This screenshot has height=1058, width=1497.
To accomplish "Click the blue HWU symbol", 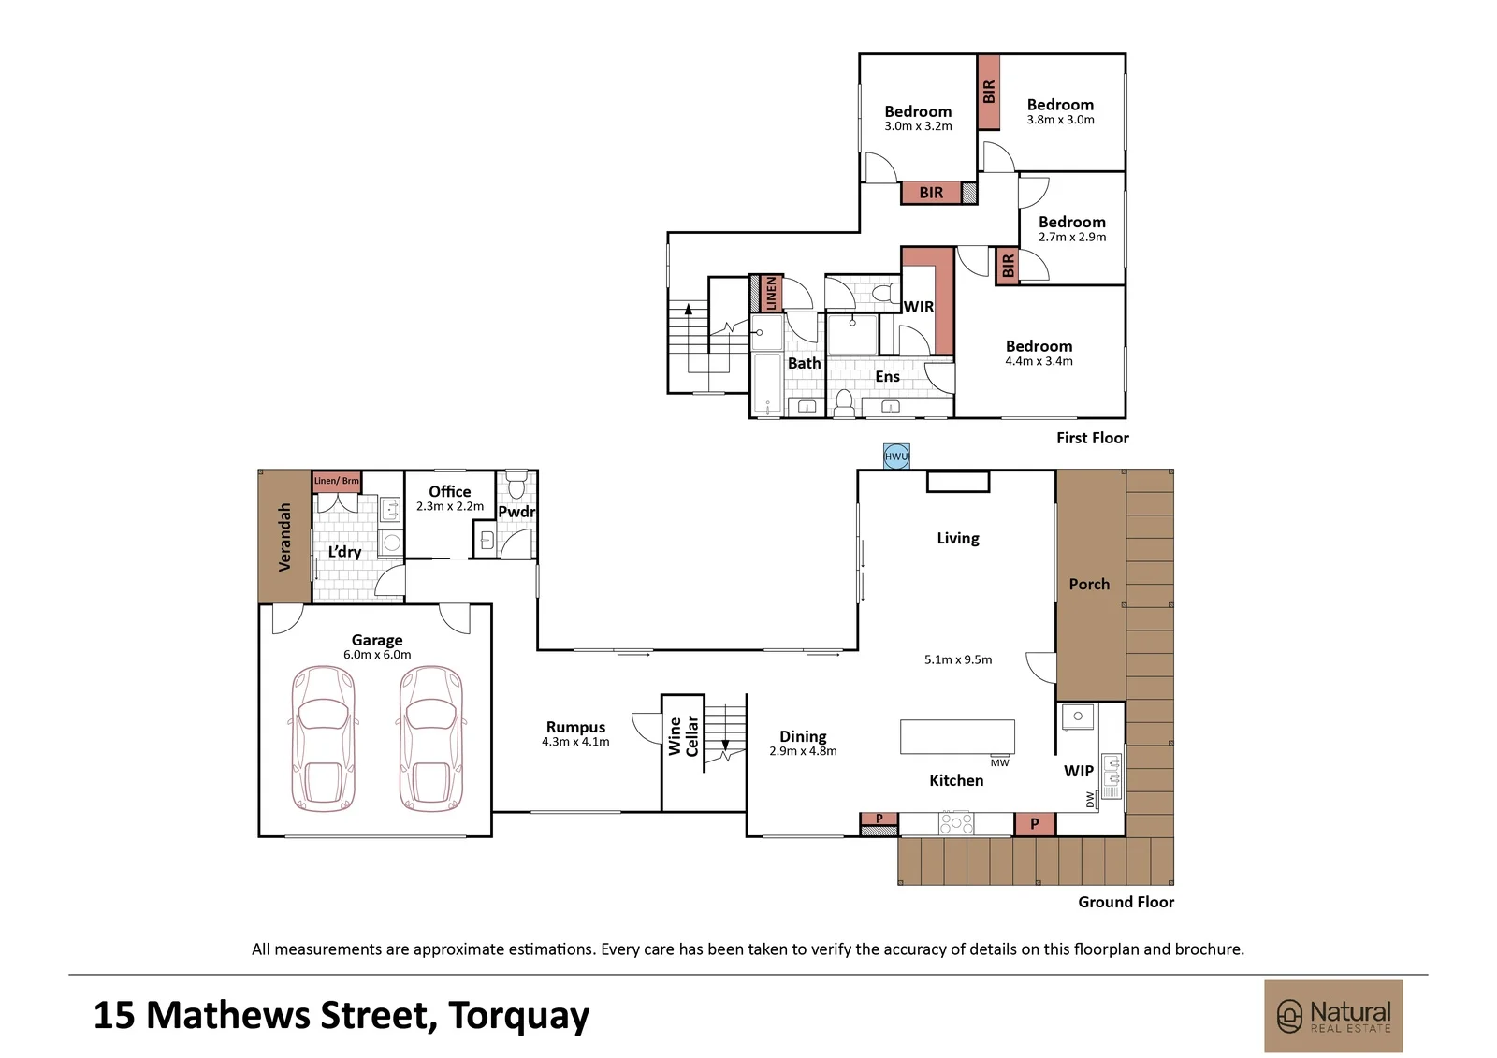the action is pyautogui.click(x=896, y=457).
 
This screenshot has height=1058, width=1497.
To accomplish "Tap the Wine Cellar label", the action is pyautogui.click(x=684, y=736).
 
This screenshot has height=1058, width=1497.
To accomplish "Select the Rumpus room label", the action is pyautogui.click(x=575, y=727).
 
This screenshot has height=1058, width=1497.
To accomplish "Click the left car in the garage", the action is pyautogui.click(x=324, y=738).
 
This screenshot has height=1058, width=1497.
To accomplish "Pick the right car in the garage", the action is pyautogui.click(x=431, y=738).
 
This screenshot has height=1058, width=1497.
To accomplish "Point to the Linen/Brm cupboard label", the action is pyautogui.click(x=337, y=481).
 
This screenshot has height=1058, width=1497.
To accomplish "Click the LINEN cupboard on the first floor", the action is pyautogui.click(x=771, y=294).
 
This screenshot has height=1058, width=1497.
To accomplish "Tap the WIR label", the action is pyautogui.click(x=918, y=307).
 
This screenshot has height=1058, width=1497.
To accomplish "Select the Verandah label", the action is pyautogui.click(x=284, y=537).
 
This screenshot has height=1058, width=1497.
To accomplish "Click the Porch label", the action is pyautogui.click(x=1089, y=584).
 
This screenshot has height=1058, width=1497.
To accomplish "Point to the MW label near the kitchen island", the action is pyautogui.click(x=1000, y=762).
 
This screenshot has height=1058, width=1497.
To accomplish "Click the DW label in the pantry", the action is pyautogui.click(x=1090, y=799).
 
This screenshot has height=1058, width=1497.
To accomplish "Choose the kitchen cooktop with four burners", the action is pyautogui.click(x=956, y=823).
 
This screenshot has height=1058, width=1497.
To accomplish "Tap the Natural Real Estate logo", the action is pyautogui.click(x=1333, y=1017).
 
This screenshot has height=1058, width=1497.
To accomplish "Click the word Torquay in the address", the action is pyautogui.click(x=518, y=1016).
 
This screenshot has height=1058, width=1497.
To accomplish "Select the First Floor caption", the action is pyautogui.click(x=1093, y=438).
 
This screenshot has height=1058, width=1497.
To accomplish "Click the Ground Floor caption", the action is pyautogui.click(x=1126, y=902).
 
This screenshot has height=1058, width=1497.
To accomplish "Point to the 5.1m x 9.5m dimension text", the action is pyautogui.click(x=958, y=659).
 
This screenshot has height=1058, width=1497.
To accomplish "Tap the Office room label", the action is pyautogui.click(x=450, y=491).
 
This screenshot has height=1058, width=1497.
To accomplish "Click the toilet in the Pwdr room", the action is pyautogui.click(x=516, y=485).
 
